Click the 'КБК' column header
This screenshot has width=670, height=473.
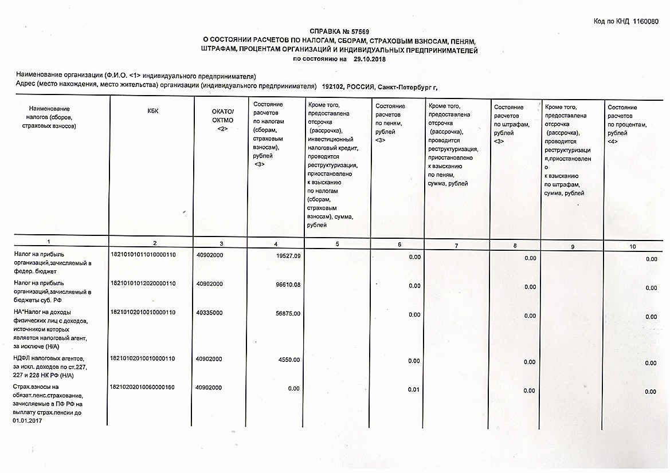(152, 111)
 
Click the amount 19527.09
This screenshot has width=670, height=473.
(288, 255)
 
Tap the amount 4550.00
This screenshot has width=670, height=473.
(290, 360)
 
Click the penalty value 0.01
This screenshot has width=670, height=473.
(414, 389)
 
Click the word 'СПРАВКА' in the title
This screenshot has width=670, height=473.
(325, 31)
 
